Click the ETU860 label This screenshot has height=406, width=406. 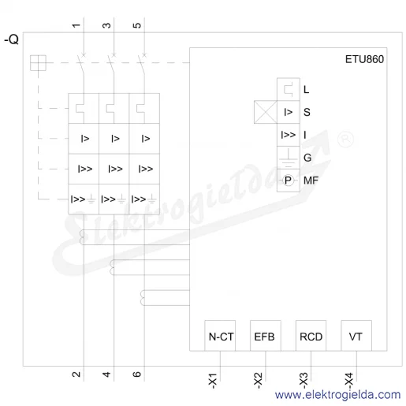364,59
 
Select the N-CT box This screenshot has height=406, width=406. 220,336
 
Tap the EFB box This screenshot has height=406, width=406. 266,336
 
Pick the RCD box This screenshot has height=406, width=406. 311,336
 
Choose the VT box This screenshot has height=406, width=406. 356,336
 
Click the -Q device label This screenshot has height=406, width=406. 12,39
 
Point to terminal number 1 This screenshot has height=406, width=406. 76,25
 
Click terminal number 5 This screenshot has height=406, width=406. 137,25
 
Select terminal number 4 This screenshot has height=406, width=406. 106,374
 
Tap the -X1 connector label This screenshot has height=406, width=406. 212,381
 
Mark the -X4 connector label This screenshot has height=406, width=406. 348,381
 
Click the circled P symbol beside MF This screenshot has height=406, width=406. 288,181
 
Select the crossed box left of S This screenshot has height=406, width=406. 266,112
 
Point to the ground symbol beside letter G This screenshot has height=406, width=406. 289,158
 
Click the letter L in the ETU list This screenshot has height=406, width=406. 307,90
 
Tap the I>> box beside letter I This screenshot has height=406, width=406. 289,135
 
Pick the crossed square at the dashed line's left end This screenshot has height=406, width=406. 38,63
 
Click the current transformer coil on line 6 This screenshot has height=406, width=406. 143,298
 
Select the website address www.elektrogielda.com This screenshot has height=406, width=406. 338,395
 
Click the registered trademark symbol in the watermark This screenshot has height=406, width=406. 345,139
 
